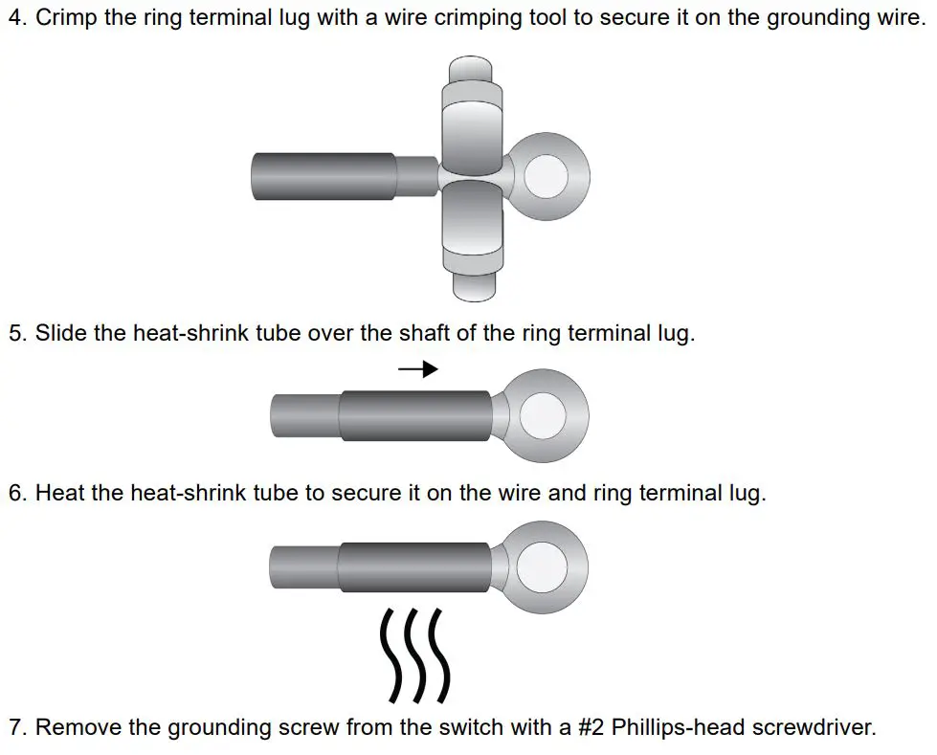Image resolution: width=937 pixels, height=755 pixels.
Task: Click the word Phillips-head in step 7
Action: pos(677,727)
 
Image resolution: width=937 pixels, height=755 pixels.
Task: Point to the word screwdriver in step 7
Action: pos(813,727)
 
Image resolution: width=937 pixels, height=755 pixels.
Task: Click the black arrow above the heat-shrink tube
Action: pos(418,369)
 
